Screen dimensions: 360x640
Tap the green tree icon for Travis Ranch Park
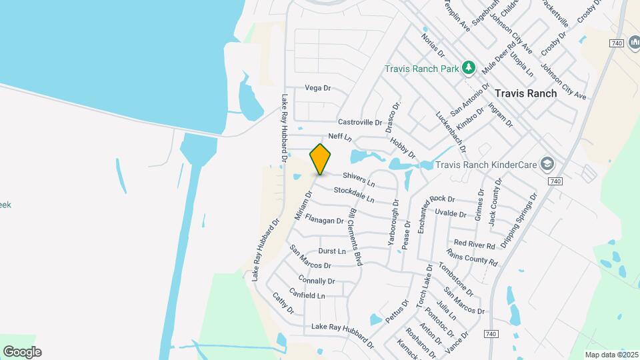click(x=469, y=67)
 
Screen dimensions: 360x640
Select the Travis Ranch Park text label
click(x=422, y=69)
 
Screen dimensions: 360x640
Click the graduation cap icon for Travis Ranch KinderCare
click(x=547, y=163)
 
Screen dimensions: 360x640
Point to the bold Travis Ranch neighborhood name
click(x=526, y=93)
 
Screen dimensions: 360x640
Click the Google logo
click(x=22, y=352)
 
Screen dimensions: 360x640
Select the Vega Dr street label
click(x=318, y=88)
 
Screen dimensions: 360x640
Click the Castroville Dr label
click(x=360, y=122)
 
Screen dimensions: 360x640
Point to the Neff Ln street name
click(x=340, y=136)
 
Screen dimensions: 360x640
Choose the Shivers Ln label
click(x=359, y=179)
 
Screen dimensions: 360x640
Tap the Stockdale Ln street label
click(x=354, y=195)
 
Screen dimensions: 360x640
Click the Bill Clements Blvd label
click(x=355, y=237)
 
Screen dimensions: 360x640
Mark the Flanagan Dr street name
click(x=324, y=219)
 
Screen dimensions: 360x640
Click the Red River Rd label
click(x=475, y=243)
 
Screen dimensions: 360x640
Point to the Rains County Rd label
click(x=472, y=257)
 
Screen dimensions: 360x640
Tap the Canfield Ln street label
click(x=307, y=294)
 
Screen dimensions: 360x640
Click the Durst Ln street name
click(x=332, y=251)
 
